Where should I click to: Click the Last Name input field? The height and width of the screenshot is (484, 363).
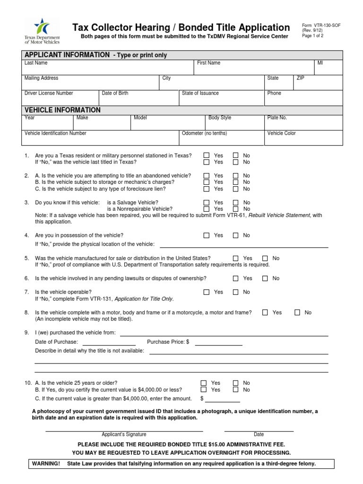pos(108,69)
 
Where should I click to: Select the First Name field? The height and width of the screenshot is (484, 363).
pos(253,69)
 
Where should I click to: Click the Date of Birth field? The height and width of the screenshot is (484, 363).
pos(138,99)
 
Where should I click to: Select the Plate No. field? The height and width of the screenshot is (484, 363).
pos(303,124)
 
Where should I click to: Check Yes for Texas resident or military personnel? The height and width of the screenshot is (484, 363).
pos(206,156)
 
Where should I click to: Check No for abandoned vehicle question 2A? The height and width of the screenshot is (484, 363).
pos(235,175)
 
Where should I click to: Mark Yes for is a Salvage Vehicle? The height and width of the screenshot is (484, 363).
pos(206,202)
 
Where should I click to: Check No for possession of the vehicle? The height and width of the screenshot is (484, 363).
pos(235,235)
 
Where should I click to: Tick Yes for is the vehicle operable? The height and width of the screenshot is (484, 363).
pos(206,292)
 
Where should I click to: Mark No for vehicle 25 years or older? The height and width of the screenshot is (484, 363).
pos(235,383)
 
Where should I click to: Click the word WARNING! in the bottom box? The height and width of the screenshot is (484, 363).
pos(46,464)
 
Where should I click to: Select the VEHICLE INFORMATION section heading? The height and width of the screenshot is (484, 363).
pos(62,110)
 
